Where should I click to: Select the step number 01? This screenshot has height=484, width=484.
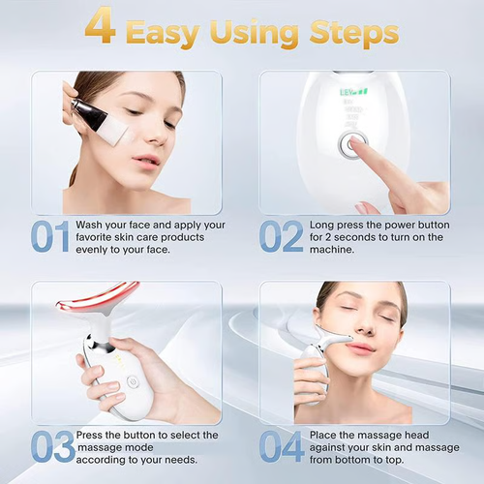(48, 236)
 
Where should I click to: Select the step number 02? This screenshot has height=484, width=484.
(280, 236)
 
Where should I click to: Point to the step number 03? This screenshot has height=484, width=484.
(50, 447)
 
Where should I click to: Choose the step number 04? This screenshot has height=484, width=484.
(282, 447)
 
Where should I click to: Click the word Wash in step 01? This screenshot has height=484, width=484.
(96, 224)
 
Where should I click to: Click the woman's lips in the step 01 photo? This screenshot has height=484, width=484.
(146, 159)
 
